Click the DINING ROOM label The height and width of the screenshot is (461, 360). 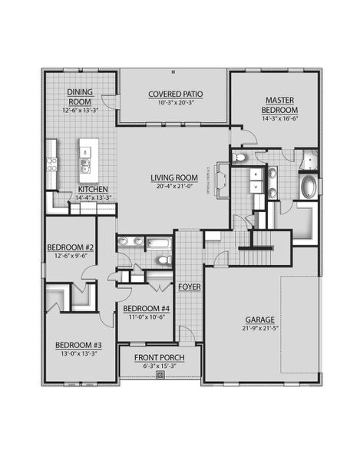click(x=80, y=95)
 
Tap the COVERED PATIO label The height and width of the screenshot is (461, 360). click(x=176, y=95)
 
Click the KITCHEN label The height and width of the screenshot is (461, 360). click(x=92, y=189)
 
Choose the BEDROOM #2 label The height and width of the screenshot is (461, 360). click(x=69, y=247)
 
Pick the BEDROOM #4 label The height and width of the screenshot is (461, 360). click(x=146, y=308)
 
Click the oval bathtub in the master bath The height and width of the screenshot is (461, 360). click(x=308, y=187)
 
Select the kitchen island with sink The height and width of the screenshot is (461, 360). click(x=84, y=160)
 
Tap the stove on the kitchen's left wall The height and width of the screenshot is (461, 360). click(x=51, y=163)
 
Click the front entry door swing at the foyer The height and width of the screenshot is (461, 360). click(x=186, y=333)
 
